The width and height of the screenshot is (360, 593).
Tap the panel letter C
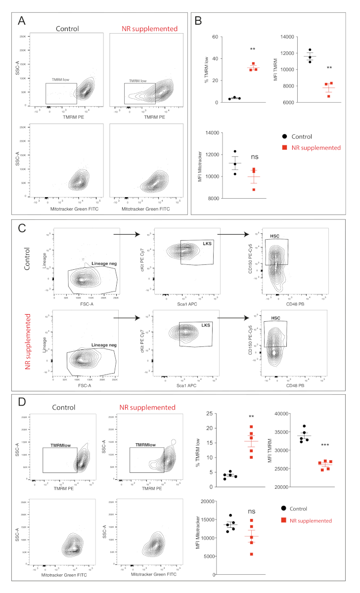(x=22, y=228)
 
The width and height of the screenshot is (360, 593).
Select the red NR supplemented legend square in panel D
(x=283, y=520)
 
